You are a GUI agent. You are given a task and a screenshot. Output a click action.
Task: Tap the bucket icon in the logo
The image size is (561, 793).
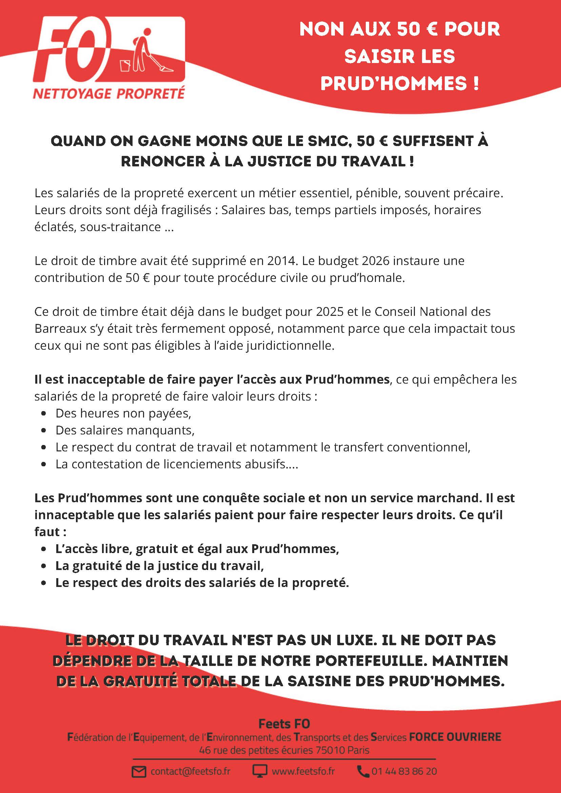[125, 65]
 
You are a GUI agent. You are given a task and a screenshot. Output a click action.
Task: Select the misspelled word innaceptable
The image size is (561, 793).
[74, 515]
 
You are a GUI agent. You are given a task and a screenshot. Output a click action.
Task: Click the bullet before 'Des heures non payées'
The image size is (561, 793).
[43, 413]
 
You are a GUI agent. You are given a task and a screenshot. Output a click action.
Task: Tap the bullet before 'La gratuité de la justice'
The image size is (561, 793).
[43, 566]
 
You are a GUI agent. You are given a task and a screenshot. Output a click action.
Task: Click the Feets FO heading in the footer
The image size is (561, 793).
[284, 724]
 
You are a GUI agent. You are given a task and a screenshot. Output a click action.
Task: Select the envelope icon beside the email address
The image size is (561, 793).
[139, 772]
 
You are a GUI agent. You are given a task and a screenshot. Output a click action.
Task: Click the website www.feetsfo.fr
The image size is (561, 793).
[303, 772]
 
